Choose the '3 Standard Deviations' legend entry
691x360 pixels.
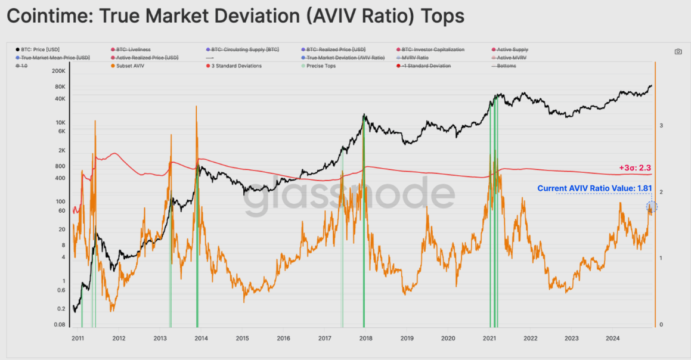236,66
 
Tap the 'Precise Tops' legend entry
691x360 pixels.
321,66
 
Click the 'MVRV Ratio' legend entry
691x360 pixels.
416,58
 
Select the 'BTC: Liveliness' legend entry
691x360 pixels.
132,49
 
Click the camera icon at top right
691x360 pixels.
678,52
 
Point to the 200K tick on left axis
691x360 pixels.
58,70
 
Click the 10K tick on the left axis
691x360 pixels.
60,122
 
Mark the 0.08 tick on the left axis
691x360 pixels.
58,325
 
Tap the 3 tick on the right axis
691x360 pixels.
661,125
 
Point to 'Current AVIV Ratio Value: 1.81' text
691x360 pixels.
594,188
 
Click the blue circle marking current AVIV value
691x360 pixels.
651,207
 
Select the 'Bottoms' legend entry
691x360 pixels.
504,66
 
